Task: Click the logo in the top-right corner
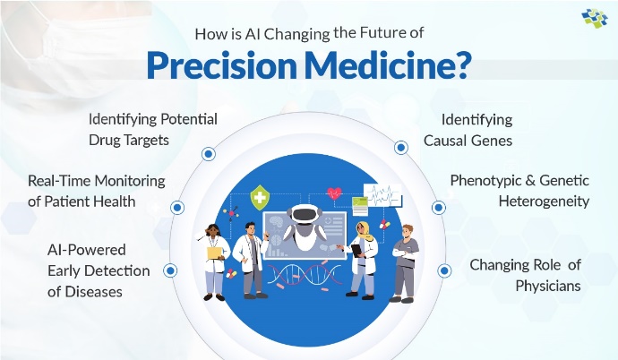point(594,19)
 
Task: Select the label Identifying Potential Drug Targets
point(152,129)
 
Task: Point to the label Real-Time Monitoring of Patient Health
point(97,191)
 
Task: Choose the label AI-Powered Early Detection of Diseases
point(86,270)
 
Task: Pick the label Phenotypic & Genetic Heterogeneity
point(519,191)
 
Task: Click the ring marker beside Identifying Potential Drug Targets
point(208,154)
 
